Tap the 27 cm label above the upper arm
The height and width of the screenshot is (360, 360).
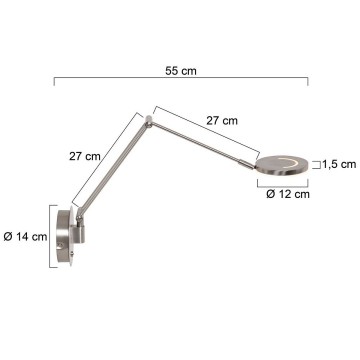[222, 120]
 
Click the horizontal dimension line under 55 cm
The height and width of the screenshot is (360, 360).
[180, 88]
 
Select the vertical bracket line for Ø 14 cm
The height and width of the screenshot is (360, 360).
[48, 237]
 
